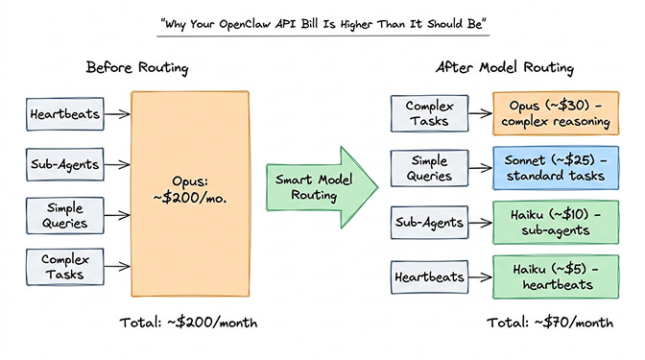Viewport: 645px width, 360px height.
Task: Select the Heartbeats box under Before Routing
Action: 60,113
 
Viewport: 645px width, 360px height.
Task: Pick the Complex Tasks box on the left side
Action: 60,264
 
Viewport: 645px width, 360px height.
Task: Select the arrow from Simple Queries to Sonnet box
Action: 477,169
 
